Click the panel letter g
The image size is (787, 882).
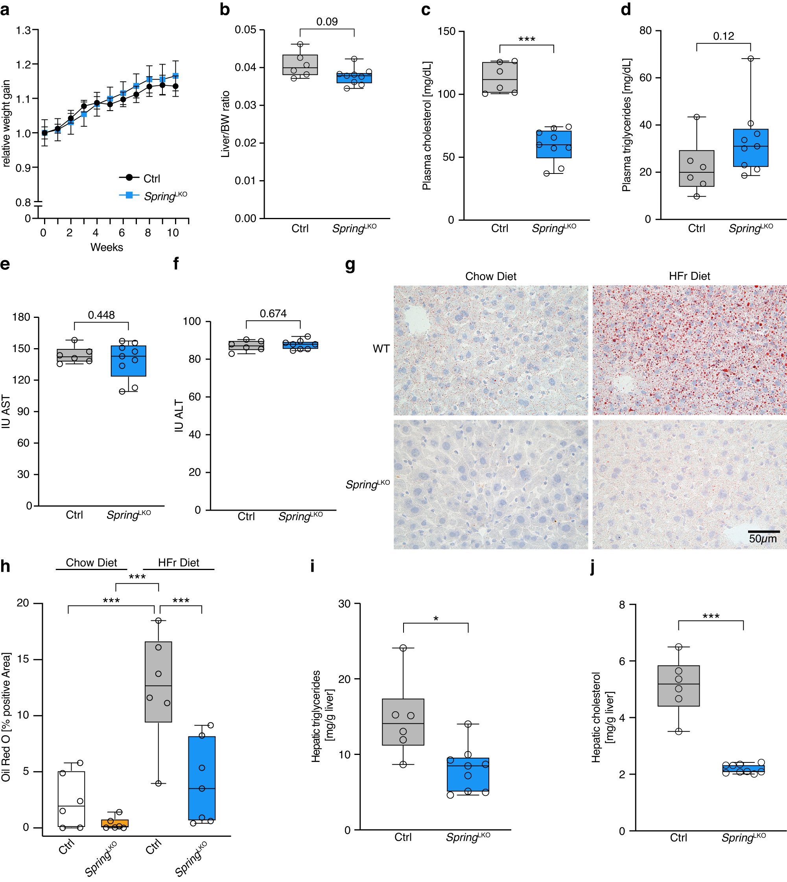coord(350,265)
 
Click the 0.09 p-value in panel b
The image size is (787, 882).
coord(327,22)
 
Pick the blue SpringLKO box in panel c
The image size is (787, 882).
coord(553,144)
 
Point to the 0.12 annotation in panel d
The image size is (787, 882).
coord(723,36)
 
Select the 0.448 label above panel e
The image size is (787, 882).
coord(101,315)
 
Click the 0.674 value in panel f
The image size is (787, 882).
coord(273,314)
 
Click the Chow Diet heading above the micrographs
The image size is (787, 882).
coord(490,276)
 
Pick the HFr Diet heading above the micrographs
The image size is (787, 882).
coord(689,276)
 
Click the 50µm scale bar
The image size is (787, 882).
coord(764,531)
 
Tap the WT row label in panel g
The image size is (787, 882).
coord(381,349)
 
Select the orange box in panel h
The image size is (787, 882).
coord(114,823)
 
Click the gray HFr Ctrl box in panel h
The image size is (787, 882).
coord(158,681)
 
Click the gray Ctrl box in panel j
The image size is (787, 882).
coord(678,686)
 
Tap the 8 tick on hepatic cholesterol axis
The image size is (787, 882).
coord(622,605)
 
